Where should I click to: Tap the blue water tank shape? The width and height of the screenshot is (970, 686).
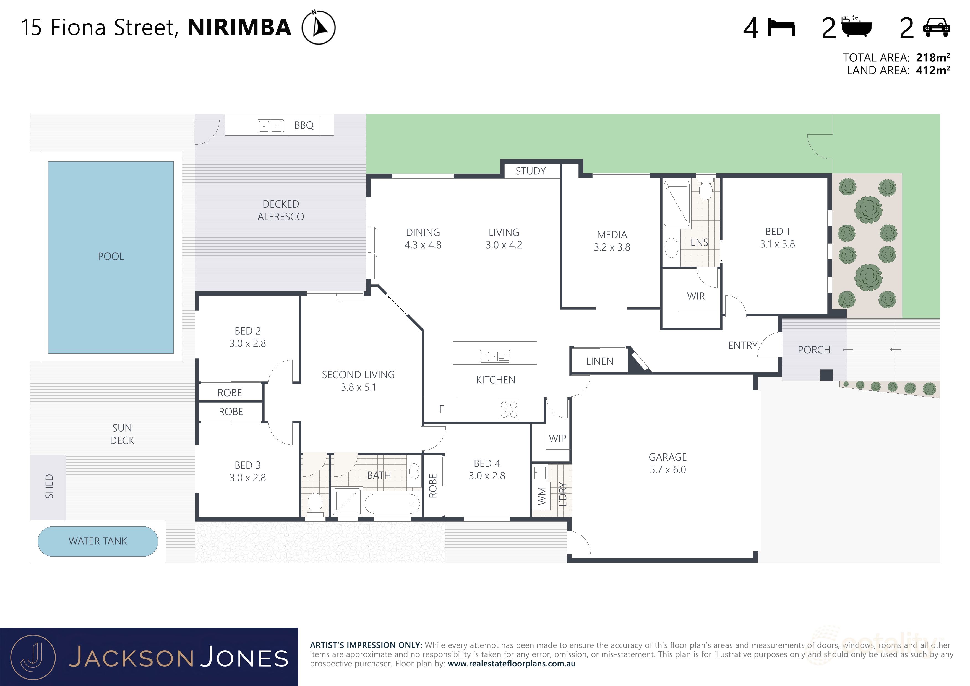point(98,541)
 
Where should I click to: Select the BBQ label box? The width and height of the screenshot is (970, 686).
point(304,126)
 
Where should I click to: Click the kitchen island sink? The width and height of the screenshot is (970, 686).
point(495,356)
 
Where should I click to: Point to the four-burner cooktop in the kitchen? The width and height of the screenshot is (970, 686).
point(509,409)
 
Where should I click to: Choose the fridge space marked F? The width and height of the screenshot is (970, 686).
point(441,409)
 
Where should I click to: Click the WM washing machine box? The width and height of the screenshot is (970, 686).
point(541,496)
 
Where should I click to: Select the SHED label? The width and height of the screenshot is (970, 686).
point(49,487)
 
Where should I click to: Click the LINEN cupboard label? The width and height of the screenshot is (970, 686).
point(599,361)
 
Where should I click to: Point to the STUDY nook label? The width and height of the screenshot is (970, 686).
point(531,171)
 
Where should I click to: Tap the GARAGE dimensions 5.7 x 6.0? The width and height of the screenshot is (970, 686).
point(667,470)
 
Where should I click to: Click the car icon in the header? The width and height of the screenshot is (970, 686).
point(936,28)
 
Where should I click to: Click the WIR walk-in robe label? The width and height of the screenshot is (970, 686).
point(696,296)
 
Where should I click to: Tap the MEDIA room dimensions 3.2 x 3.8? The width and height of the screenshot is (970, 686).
point(612,247)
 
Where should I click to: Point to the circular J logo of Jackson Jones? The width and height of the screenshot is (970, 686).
point(33,658)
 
